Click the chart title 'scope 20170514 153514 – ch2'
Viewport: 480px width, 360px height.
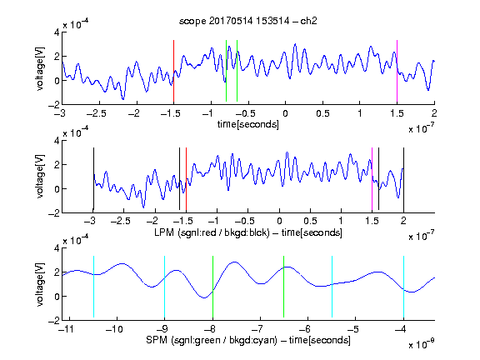[x=248, y=21]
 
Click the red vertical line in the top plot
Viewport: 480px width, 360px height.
[x=173, y=71]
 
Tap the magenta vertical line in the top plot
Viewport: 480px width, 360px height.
[x=397, y=71]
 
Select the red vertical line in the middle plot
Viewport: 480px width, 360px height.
[x=186, y=179]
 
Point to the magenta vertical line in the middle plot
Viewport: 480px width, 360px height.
[x=372, y=179]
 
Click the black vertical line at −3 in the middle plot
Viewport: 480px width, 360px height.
[x=93, y=179]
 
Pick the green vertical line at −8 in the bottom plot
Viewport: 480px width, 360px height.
[x=212, y=287]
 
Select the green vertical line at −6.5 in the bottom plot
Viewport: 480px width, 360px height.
[x=284, y=287]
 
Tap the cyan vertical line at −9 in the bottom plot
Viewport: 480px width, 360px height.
[x=164, y=287]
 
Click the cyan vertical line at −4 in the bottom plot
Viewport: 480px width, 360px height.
[x=403, y=287]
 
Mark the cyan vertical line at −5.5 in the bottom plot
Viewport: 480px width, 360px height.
[x=332, y=287]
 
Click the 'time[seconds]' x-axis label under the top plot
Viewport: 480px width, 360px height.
[x=248, y=124]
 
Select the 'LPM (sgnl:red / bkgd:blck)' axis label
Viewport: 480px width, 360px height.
[x=212, y=232]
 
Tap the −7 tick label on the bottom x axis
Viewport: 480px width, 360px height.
[x=259, y=329]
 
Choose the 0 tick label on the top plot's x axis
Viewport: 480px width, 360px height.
[x=285, y=113]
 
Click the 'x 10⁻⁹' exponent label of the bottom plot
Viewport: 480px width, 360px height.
[x=422, y=344]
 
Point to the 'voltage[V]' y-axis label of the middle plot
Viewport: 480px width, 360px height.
[x=40, y=177]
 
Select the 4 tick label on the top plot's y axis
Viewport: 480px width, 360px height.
[x=57, y=32]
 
